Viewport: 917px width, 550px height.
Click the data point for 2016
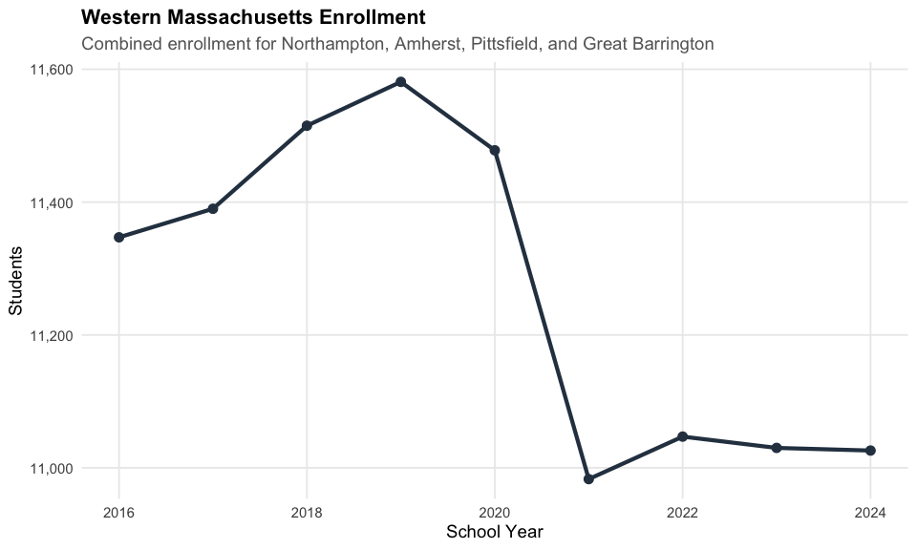118,237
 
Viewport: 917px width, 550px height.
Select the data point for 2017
213,208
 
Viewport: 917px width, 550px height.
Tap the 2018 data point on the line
307,126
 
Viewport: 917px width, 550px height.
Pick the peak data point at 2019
401,82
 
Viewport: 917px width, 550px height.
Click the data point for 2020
495,150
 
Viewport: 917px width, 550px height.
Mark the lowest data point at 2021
588,479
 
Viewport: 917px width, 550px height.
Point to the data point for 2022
682,436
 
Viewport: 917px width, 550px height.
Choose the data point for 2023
777,448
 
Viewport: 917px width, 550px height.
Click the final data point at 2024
870,451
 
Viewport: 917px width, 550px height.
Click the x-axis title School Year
494,531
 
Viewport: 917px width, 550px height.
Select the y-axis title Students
15,281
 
